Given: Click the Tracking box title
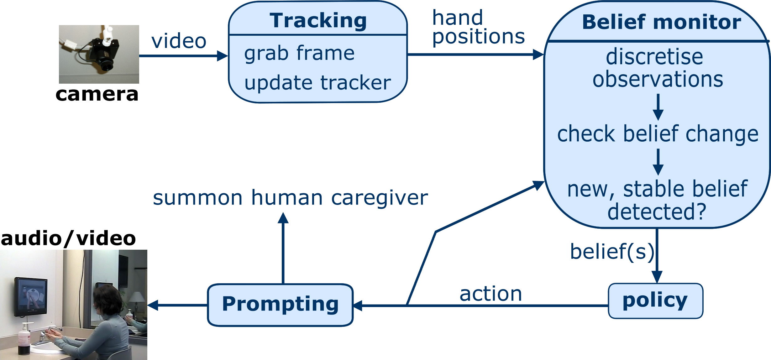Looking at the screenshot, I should (x=318, y=21).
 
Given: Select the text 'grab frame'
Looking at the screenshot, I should (x=299, y=53).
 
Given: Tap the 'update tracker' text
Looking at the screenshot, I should (x=317, y=83).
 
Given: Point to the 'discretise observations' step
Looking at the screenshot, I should (x=658, y=68).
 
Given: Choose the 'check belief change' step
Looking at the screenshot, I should (x=658, y=134).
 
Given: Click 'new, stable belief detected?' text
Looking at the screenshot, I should (x=658, y=200).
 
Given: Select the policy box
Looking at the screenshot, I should (x=655, y=300).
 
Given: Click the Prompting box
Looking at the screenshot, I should (x=280, y=305).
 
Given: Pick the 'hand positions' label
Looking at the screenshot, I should (x=478, y=27).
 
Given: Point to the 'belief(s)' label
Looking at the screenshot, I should (x=612, y=251).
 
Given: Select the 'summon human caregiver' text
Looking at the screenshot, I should (x=290, y=198).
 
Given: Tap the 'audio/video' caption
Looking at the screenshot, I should (x=68, y=238).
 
